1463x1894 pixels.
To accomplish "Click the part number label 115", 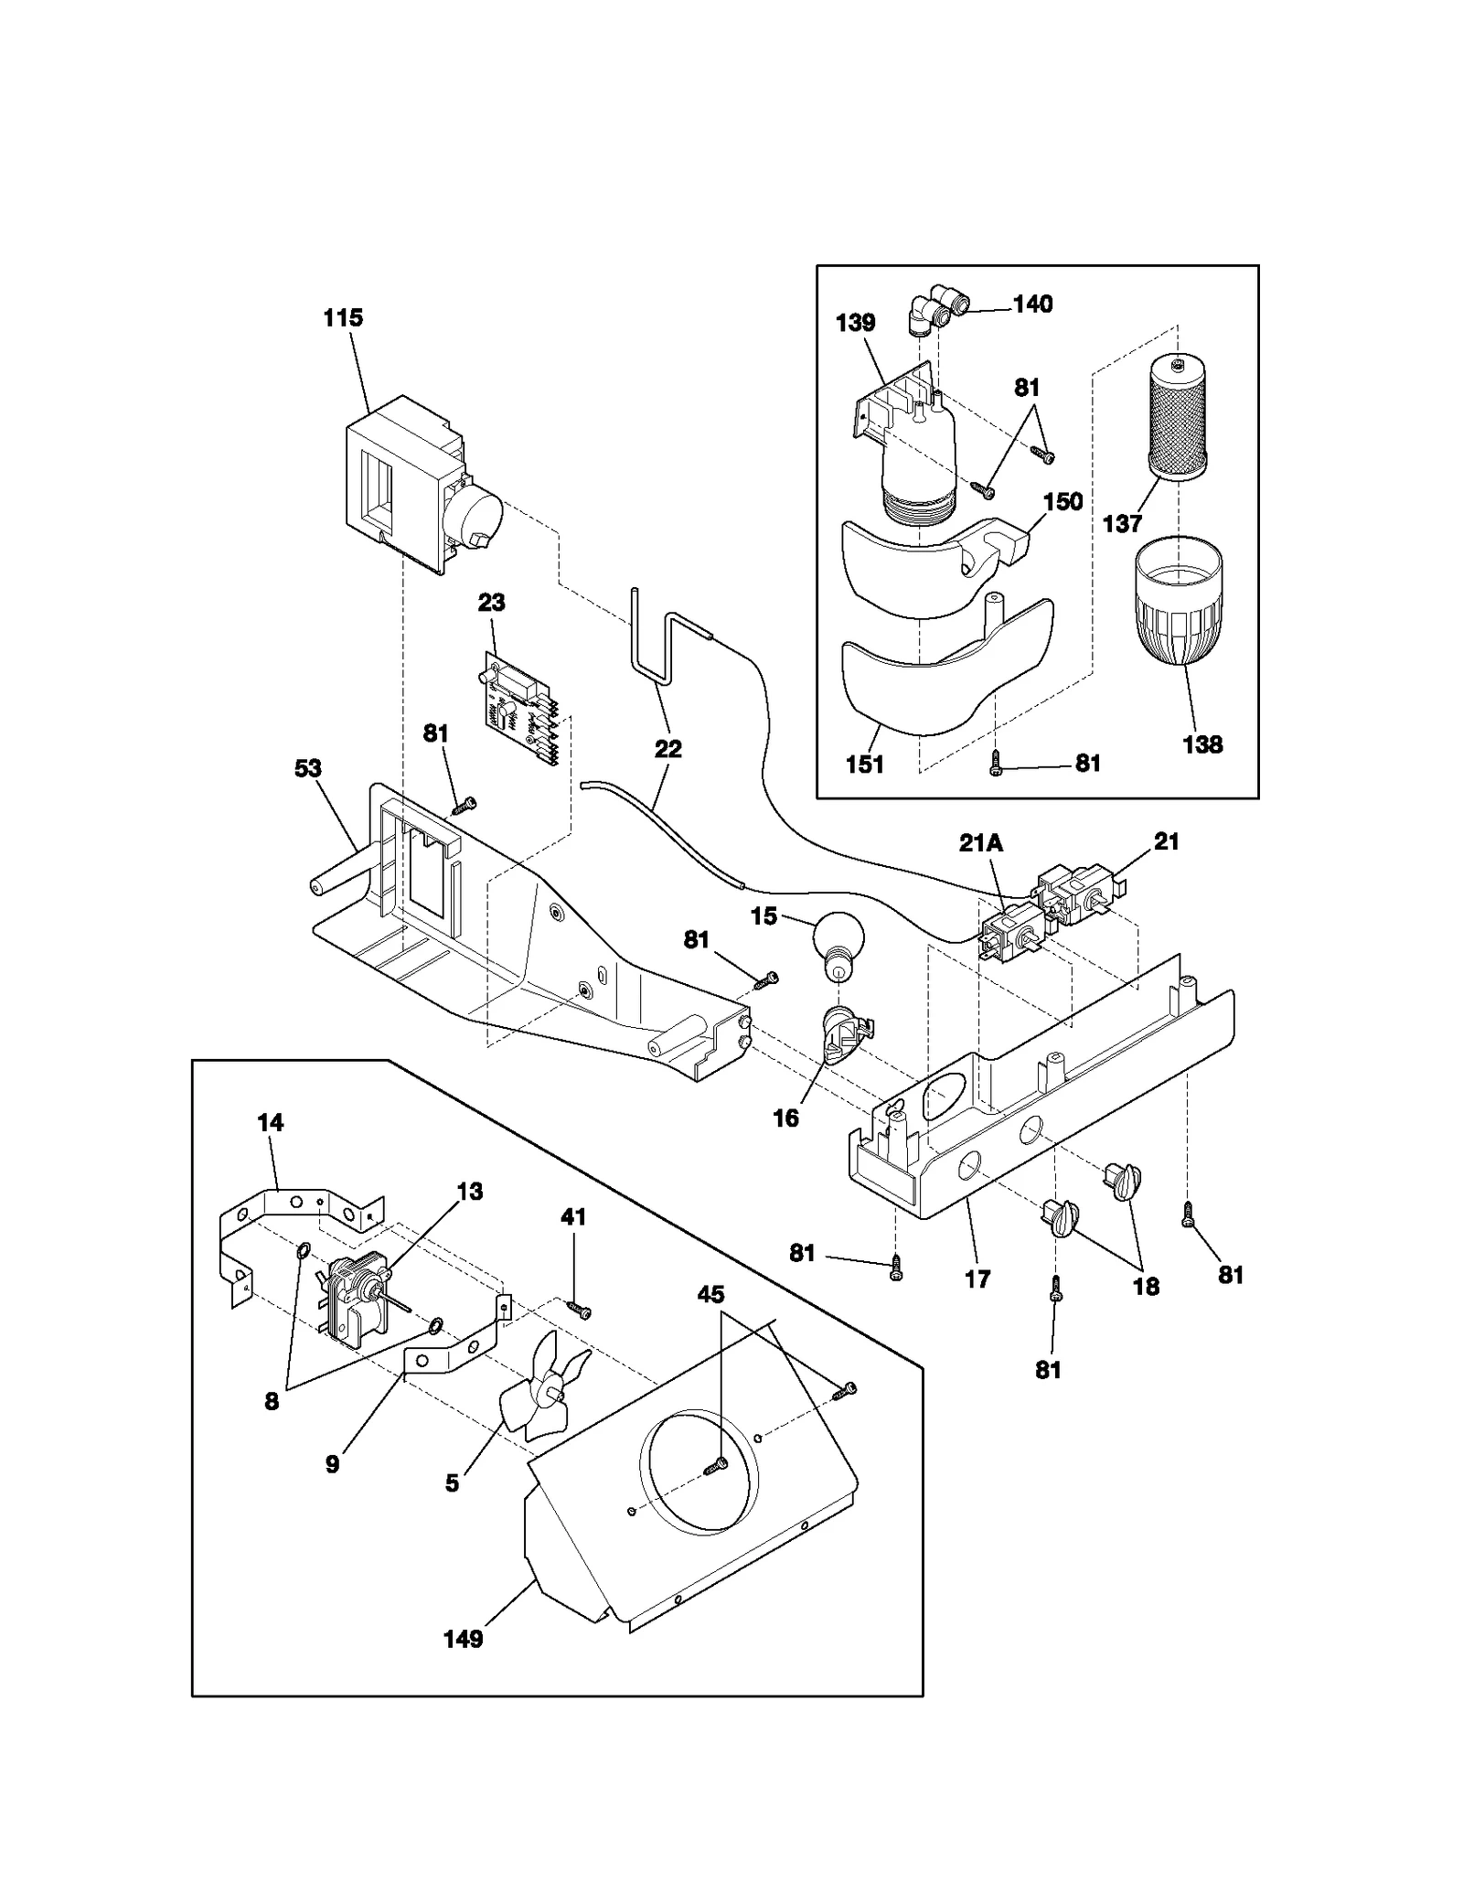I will (x=343, y=318).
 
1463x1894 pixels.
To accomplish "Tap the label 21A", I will (x=980, y=843).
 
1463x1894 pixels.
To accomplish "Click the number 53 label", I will (x=308, y=768).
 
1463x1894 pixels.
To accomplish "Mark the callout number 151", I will (x=864, y=764).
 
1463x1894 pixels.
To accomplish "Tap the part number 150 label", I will (x=1063, y=501).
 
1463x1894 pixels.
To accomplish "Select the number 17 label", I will (x=977, y=1279).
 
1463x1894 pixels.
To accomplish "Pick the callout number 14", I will (x=271, y=1122).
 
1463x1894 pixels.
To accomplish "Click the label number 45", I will (x=710, y=1294).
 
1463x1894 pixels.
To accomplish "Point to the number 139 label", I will (x=855, y=323).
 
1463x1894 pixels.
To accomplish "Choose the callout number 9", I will (x=332, y=1463).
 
